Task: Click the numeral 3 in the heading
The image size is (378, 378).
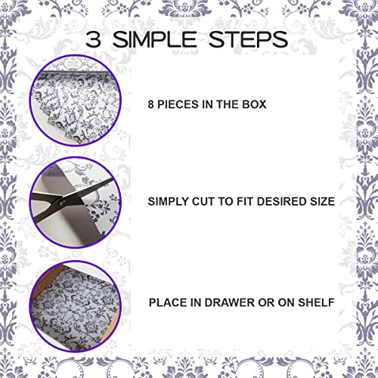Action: click(96, 39)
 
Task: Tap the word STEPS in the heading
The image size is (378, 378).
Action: click(252, 39)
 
